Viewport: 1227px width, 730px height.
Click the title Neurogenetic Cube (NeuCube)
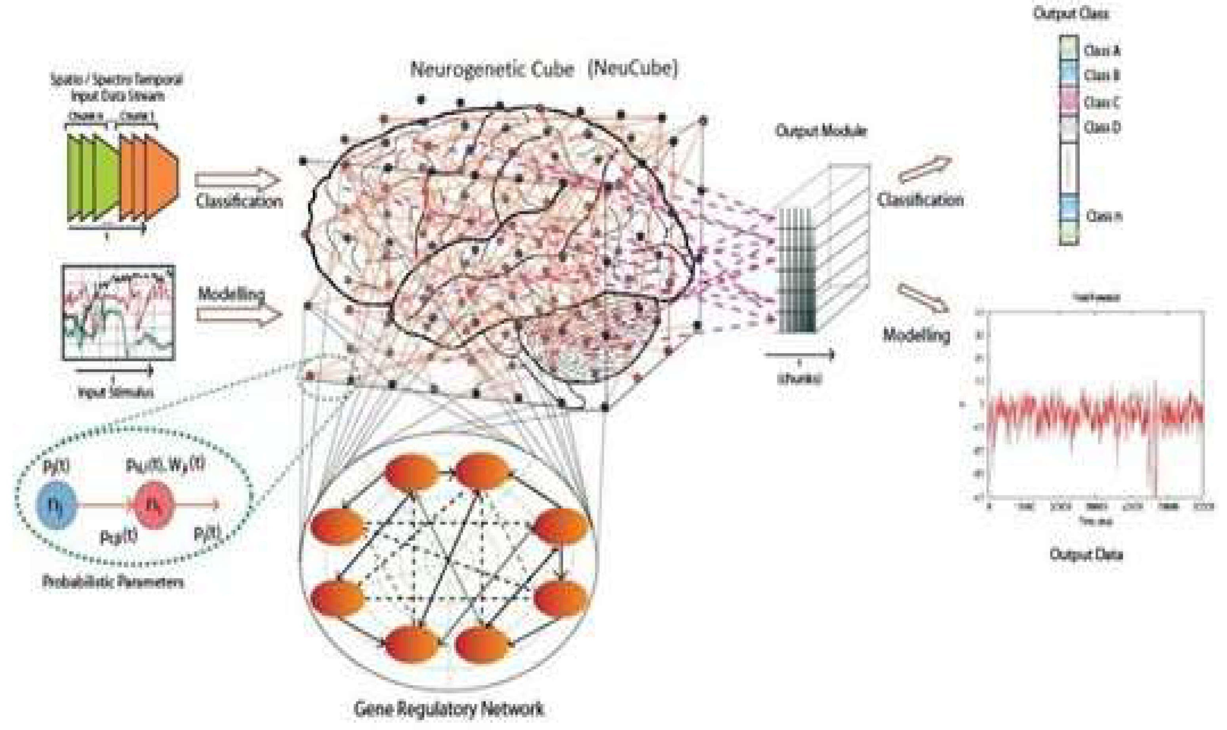click(543, 69)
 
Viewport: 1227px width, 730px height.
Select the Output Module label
click(821, 131)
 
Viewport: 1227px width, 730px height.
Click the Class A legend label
click(1101, 51)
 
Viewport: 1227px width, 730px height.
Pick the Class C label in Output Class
click(1101, 102)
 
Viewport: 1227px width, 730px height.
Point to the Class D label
click(1101, 127)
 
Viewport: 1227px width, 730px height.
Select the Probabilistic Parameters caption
click(112, 582)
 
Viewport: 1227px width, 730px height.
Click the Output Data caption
click(1086, 555)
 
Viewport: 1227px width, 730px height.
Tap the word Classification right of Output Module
click(920, 200)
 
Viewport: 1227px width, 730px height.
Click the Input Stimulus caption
click(116, 392)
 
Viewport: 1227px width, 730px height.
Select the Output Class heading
click(1071, 14)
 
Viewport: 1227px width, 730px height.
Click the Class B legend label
click(1101, 75)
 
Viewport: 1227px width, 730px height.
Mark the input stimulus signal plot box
click(118, 312)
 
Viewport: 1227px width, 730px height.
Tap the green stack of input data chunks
click(92, 177)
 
